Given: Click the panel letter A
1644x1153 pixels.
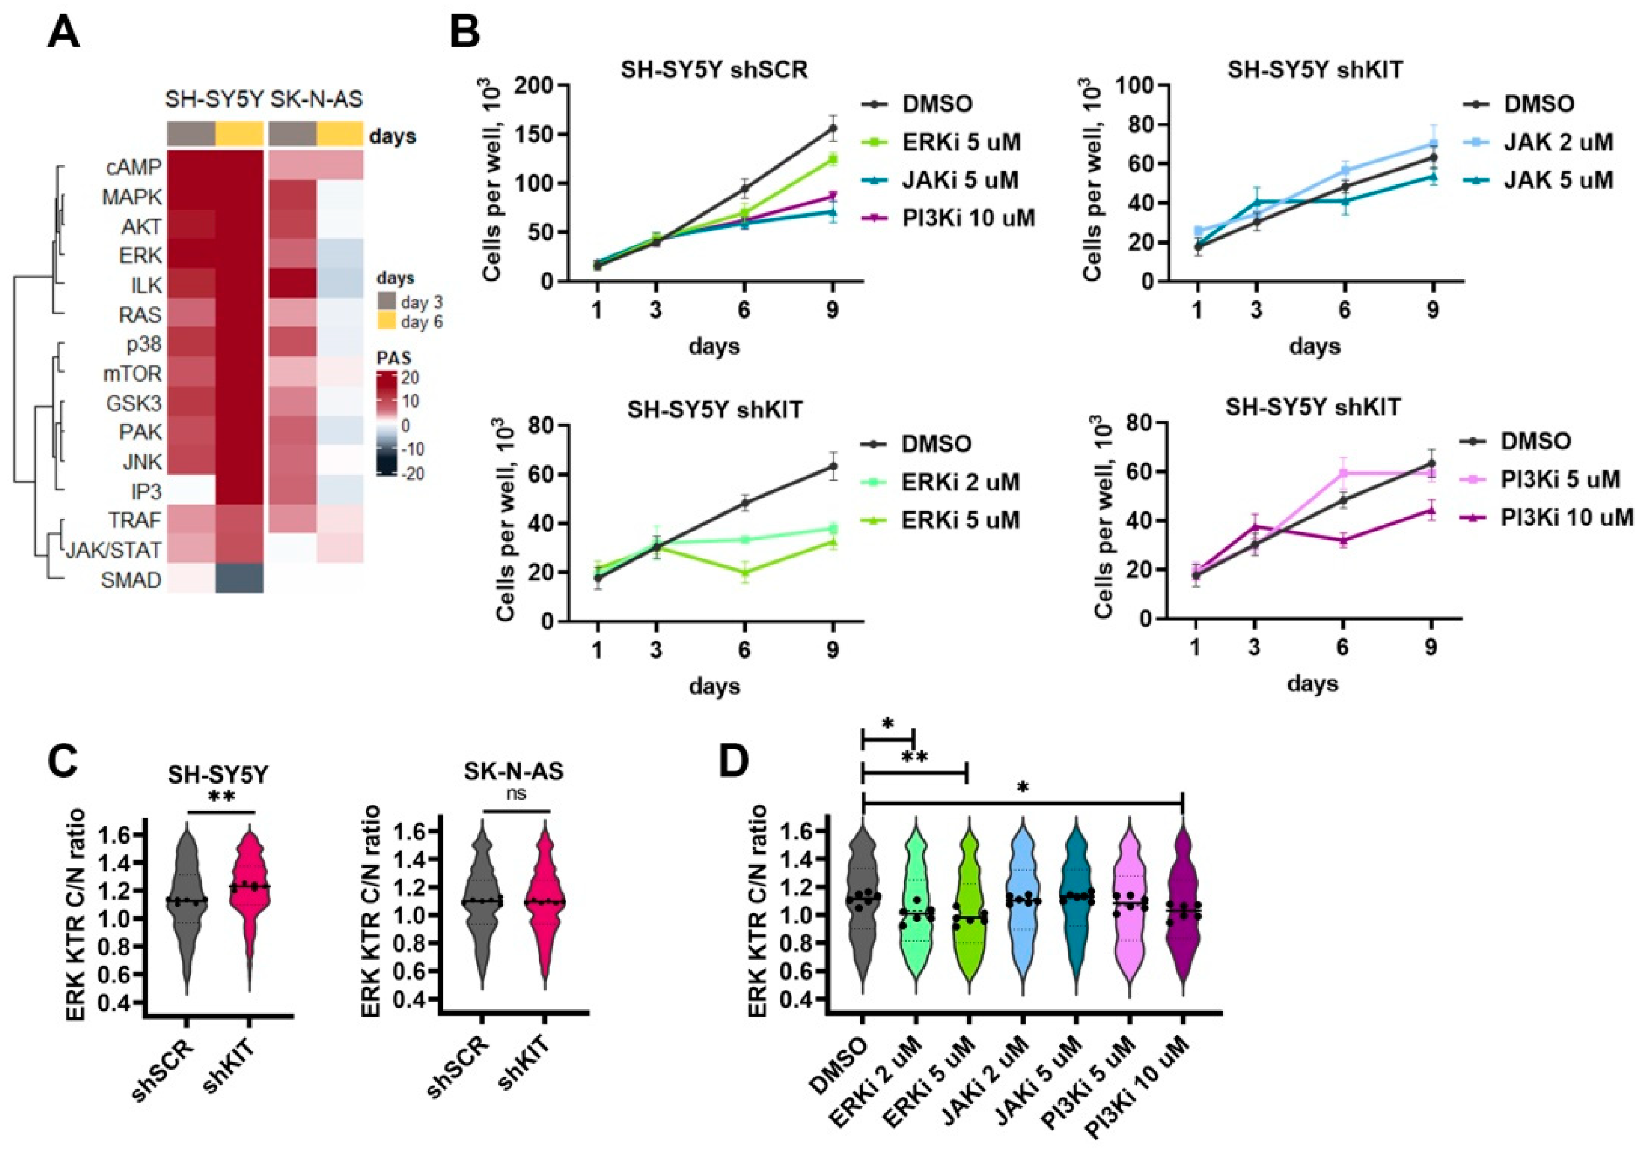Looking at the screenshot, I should click(x=63, y=33).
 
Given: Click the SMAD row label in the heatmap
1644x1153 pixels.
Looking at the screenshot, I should click(x=131, y=580).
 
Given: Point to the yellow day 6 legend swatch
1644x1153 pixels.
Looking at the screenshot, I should click(x=387, y=321).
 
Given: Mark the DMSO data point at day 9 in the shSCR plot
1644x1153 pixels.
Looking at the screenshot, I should click(x=833, y=129).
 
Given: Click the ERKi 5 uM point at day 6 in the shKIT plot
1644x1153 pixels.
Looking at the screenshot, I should click(x=745, y=572).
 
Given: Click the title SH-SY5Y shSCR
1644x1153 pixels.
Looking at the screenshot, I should click(x=714, y=70).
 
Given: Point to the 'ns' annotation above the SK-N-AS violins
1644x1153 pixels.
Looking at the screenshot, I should click(x=516, y=794).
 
